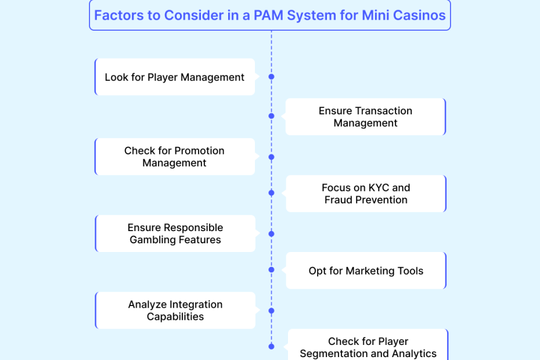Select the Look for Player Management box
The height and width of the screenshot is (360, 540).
[175, 77]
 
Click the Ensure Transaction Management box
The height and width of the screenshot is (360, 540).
[365, 117]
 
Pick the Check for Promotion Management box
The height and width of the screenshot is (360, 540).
[174, 157]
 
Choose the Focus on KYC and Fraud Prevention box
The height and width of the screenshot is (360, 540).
[366, 194]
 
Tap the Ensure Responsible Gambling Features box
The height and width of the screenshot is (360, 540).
[175, 233]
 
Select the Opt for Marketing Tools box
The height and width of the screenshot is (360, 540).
[366, 271]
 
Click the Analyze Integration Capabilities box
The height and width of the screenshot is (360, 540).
[175, 311]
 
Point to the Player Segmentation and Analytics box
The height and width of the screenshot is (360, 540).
[368, 347]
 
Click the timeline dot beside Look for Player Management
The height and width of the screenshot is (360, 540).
[271, 77]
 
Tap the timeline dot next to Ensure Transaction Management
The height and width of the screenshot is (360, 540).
[271, 116]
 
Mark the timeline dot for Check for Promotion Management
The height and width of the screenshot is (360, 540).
[271, 157]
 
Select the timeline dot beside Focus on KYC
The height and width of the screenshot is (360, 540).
[271, 193]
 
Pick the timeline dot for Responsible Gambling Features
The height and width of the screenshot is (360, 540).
[271, 233]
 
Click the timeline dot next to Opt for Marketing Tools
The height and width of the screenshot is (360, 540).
[271, 270]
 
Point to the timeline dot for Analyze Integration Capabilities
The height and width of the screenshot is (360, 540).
[271, 311]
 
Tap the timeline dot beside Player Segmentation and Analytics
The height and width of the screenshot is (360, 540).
[271, 347]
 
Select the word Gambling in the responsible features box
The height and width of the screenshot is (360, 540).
[154, 240]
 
